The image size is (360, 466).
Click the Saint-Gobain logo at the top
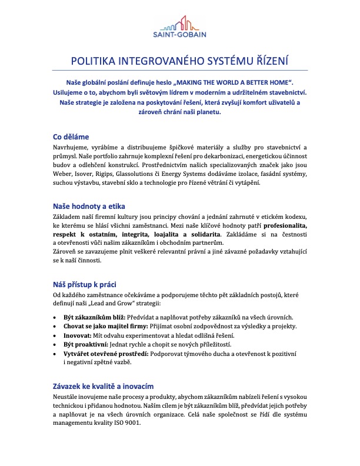click(x=179, y=27)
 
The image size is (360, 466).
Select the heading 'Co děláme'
click(x=71, y=137)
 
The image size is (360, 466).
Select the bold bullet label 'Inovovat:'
click(x=78, y=335)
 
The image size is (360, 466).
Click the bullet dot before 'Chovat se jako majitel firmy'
click(x=55, y=327)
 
